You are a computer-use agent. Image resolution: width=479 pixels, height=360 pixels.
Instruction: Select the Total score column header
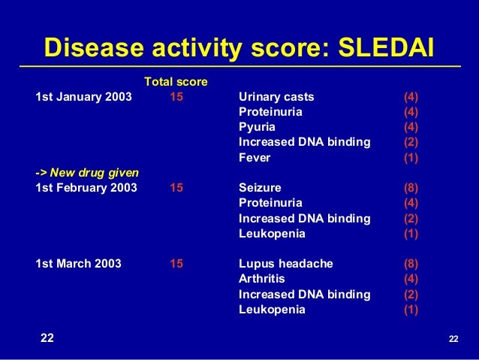coord(176,81)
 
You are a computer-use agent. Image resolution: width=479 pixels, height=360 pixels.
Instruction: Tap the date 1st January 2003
coord(83,97)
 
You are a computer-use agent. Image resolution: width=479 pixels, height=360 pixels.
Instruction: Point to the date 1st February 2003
coord(86,188)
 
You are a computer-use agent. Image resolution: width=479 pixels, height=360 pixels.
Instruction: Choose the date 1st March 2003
coord(79,264)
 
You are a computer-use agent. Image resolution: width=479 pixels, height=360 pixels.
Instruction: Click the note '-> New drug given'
coord(87,173)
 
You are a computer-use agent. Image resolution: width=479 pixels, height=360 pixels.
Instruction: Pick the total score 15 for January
coord(176,97)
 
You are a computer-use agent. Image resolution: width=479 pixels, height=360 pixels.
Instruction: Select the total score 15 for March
coord(176,264)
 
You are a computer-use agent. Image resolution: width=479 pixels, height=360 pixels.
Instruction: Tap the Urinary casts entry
coord(276,97)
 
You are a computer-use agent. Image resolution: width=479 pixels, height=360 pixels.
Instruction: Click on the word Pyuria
coord(257,127)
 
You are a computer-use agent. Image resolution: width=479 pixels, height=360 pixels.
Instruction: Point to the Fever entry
coord(254,158)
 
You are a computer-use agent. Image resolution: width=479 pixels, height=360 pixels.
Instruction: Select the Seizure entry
coord(260,188)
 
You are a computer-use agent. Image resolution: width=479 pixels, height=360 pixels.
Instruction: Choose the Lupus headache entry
coord(285,264)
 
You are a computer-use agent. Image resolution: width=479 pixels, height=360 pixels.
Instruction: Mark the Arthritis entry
coord(261,279)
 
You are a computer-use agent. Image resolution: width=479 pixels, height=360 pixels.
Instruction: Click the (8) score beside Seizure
coord(411,188)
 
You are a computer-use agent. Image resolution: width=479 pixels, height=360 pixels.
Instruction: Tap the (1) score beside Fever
coord(411,158)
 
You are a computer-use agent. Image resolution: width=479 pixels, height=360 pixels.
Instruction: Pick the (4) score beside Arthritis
coord(411,279)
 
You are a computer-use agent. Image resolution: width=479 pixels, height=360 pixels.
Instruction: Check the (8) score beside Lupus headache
coord(411,264)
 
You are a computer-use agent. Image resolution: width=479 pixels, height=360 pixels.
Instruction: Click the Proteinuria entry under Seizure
coord(270,203)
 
